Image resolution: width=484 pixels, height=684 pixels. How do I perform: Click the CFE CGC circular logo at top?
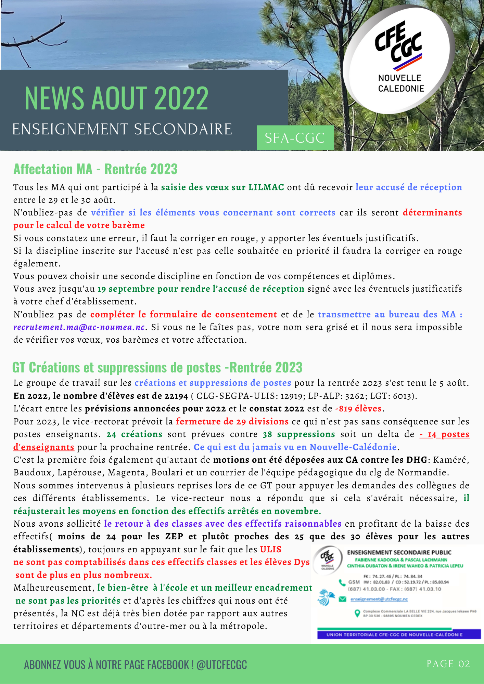(399, 60)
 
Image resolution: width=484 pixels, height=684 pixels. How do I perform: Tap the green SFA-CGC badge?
(295, 138)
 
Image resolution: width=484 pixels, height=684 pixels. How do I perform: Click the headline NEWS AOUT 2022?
(116, 98)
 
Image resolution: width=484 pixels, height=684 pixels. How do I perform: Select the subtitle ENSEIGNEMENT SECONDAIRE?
(122, 130)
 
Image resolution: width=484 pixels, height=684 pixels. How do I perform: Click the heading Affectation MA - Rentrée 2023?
(95, 169)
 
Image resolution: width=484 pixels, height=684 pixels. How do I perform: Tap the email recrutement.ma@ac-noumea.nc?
(79, 327)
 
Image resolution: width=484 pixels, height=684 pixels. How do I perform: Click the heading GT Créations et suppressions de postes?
(157, 368)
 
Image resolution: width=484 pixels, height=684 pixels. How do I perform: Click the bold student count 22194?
(176, 396)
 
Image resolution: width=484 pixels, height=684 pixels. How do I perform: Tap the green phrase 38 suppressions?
(298, 434)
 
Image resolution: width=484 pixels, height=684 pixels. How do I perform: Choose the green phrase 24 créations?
(134, 434)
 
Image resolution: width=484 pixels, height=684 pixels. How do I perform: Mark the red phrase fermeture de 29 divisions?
(232, 421)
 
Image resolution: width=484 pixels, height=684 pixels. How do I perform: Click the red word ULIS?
(271, 550)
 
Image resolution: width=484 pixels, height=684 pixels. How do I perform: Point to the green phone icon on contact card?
(342, 582)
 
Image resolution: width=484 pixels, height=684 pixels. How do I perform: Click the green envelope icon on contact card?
(342, 599)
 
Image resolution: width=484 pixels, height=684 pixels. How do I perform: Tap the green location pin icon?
(357, 613)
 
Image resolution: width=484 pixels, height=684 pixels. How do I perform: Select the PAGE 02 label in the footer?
(448, 664)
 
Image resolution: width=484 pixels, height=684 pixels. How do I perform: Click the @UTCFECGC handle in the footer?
(221, 665)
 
